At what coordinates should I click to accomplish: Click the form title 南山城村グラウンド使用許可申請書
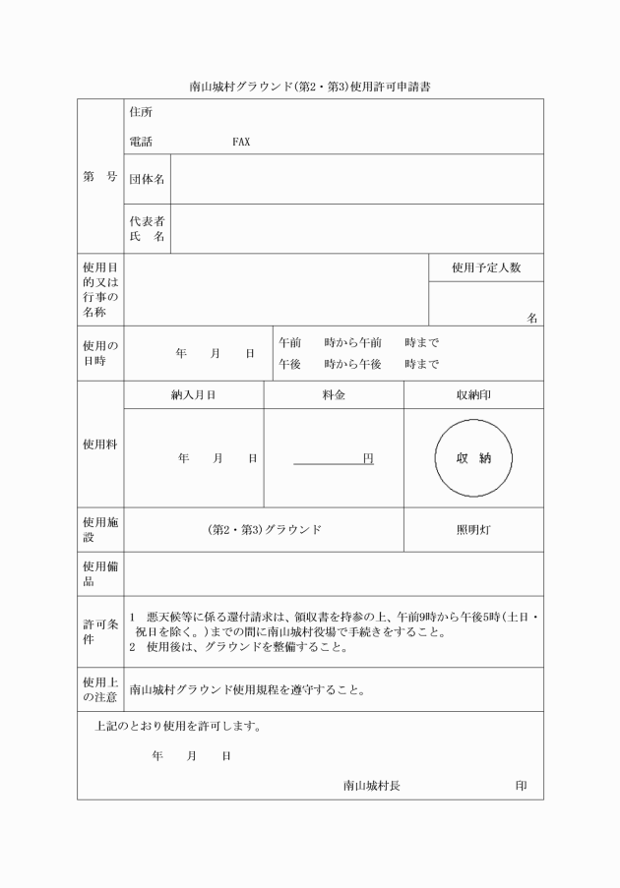click(310, 87)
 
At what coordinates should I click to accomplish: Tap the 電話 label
click(141, 142)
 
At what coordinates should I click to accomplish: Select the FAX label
click(241, 142)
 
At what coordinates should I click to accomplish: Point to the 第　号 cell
click(100, 177)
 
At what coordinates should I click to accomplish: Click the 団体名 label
click(148, 179)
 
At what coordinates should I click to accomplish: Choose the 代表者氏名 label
click(148, 229)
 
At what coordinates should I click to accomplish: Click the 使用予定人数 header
click(486, 267)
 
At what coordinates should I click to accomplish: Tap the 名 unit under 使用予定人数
click(532, 318)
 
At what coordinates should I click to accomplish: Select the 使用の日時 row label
click(100, 353)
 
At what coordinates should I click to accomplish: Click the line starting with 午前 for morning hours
click(358, 342)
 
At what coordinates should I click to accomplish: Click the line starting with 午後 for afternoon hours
click(358, 364)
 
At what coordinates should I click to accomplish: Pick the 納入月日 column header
click(193, 394)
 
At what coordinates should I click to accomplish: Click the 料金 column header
click(334, 394)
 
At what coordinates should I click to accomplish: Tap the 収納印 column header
click(473, 394)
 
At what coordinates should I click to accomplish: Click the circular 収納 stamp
click(473, 458)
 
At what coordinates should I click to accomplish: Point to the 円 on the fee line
click(368, 458)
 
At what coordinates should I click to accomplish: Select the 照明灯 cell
click(473, 529)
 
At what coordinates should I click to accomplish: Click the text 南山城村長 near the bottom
click(371, 786)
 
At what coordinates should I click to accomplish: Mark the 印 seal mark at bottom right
click(521, 786)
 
